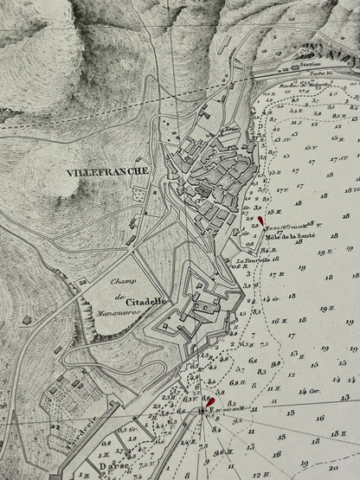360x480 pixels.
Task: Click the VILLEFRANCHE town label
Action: click(106, 172)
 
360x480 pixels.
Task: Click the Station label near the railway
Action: click(303, 65)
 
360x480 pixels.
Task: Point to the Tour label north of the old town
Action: click(230, 130)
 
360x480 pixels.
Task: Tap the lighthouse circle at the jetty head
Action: click(201, 409)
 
